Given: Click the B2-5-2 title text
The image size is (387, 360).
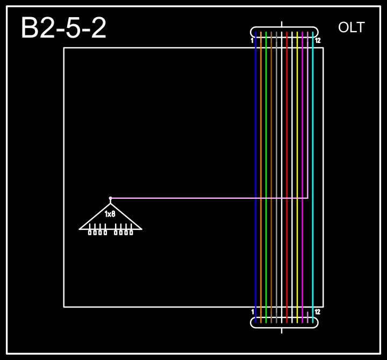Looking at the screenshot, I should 63,28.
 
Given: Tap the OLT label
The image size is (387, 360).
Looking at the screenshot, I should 351,27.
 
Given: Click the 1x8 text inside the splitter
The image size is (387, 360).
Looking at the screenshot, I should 110,214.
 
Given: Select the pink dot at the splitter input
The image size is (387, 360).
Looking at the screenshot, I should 110,198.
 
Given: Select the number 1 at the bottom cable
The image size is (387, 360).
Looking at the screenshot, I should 253,312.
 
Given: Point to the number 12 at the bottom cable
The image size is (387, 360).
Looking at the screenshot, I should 318,312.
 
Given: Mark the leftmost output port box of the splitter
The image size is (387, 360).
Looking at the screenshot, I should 90,233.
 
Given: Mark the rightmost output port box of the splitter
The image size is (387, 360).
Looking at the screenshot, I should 131,233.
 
